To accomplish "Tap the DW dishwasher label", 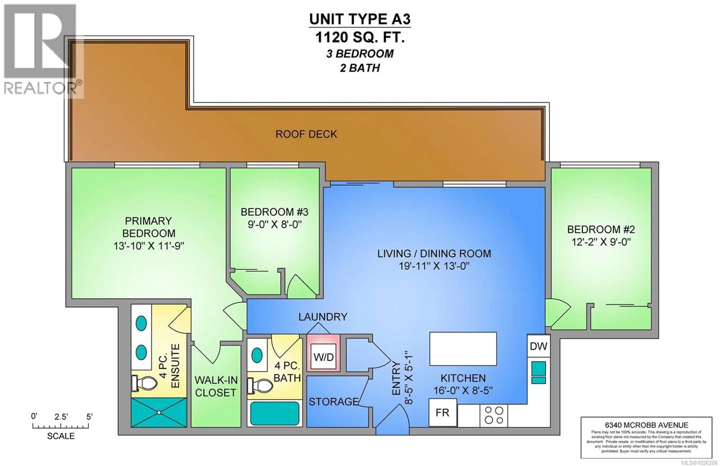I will (x=538, y=346).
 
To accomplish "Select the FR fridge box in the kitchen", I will (x=442, y=413).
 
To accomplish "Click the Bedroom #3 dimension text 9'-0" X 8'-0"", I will (x=274, y=225).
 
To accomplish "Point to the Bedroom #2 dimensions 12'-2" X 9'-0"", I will (x=601, y=242).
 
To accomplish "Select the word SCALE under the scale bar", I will (x=61, y=436).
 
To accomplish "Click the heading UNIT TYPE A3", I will (x=360, y=19).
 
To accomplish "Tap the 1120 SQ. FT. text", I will (x=360, y=38).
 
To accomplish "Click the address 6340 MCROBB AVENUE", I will (x=646, y=425).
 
